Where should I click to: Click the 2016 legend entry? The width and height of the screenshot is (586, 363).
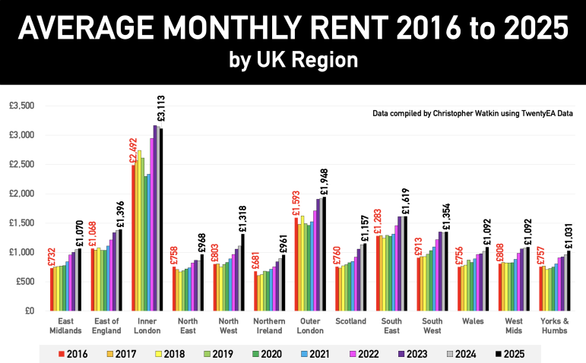(72, 353)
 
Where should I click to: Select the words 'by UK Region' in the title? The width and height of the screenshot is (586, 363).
(293, 59)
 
